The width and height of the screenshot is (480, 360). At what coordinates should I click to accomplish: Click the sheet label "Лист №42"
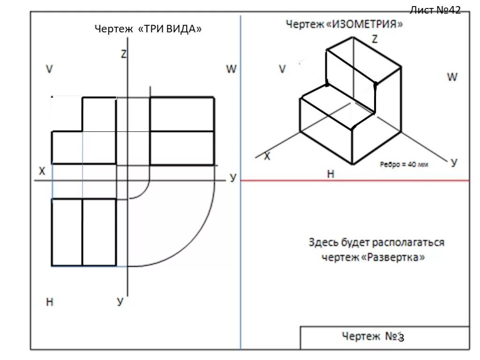click(435, 10)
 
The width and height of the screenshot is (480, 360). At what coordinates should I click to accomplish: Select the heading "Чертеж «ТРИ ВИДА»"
click(149, 29)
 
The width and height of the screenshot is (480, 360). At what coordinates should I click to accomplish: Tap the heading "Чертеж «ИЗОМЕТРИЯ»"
click(345, 24)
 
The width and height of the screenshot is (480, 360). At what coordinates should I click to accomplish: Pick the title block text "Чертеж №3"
click(373, 337)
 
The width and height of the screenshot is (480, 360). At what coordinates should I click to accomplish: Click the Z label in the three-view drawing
click(124, 54)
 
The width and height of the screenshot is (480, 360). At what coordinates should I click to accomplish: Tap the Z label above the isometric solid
click(375, 40)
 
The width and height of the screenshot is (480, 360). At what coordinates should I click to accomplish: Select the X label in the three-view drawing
click(42, 172)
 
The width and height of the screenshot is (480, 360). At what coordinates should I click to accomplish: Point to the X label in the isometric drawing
click(267, 157)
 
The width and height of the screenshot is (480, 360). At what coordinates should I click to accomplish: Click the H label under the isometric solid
click(330, 174)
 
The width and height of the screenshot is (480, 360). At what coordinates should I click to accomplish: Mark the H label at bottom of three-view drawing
click(50, 302)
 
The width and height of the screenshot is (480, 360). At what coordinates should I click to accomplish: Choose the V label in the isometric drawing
click(282, 69)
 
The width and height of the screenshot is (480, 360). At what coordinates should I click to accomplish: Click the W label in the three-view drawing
click(232, 69)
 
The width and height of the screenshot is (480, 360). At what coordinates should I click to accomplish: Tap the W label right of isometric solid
click(452, 77)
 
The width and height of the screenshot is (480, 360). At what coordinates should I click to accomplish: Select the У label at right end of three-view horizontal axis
click(233, 178)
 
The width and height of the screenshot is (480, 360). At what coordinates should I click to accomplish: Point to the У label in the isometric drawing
click(453, 163)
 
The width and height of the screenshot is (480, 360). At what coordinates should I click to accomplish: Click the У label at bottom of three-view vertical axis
click(120, 302)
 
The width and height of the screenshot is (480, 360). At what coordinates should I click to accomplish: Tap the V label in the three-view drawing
click(49, 69)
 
